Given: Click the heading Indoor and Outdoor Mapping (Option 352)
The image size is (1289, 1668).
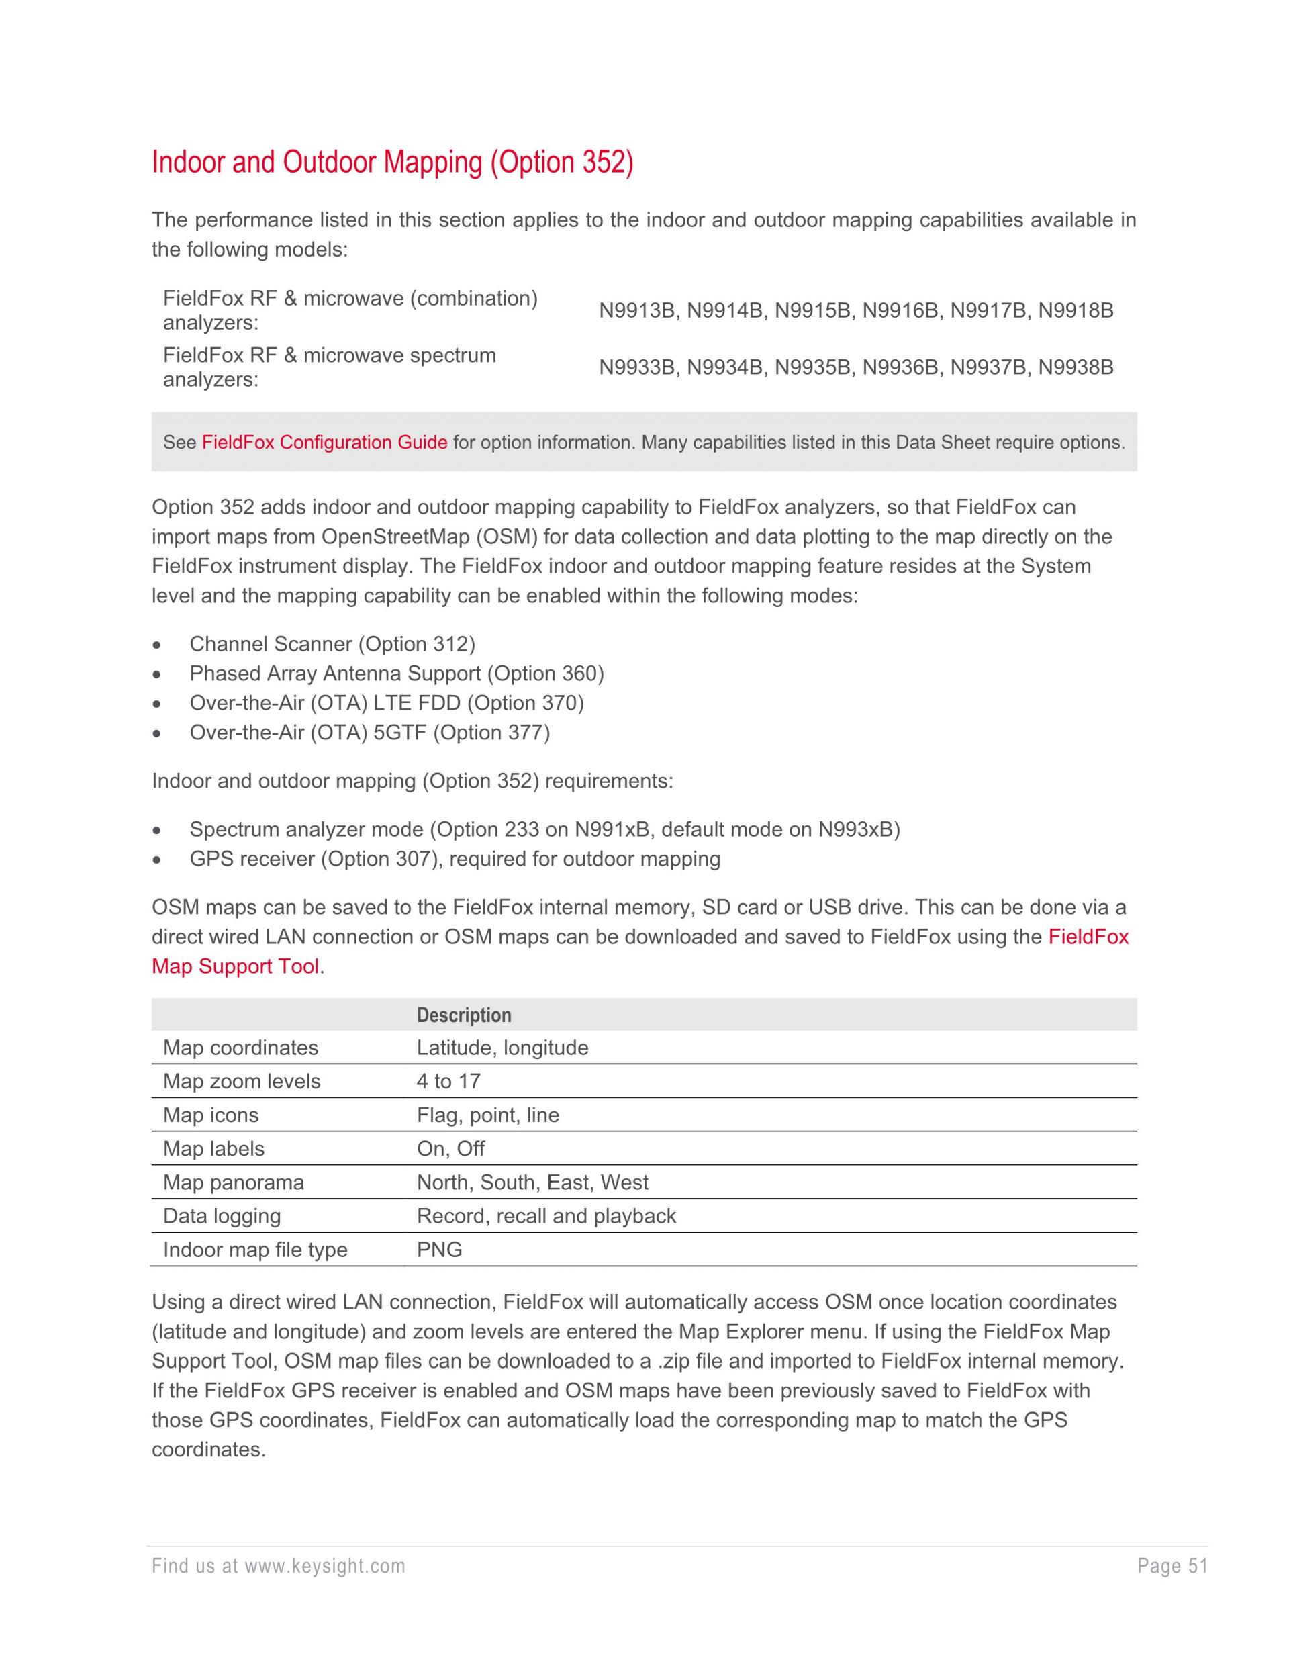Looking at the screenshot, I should click(393, 162).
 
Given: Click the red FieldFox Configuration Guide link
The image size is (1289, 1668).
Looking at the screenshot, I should click(324, 443).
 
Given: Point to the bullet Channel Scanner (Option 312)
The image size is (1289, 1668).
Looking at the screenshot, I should click(332, 644).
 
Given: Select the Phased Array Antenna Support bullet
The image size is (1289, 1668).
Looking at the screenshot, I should click(396, 674).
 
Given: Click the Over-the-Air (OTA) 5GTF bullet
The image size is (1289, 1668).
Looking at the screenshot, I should click(370, 733).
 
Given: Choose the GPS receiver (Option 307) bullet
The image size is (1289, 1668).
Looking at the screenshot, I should click(455, 860).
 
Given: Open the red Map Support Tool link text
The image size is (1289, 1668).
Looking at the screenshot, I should click(235, 966).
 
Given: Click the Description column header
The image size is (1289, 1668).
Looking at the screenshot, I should click(463, 1015).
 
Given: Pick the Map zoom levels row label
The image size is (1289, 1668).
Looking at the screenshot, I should click(241, 1082).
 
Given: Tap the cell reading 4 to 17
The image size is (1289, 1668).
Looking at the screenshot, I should click(448, 1082).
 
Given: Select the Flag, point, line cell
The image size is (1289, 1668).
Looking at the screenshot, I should click(488, 1115).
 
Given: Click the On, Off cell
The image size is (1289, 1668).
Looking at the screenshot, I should click(450, 1149).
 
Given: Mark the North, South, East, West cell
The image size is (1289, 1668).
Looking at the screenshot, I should click(532, 1183).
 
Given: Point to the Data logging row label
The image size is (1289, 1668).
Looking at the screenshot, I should click(222, 1216).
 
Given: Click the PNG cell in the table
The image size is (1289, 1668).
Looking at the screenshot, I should click(439, 1250).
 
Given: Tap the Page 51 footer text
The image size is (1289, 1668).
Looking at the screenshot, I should click(1172, 1567).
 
